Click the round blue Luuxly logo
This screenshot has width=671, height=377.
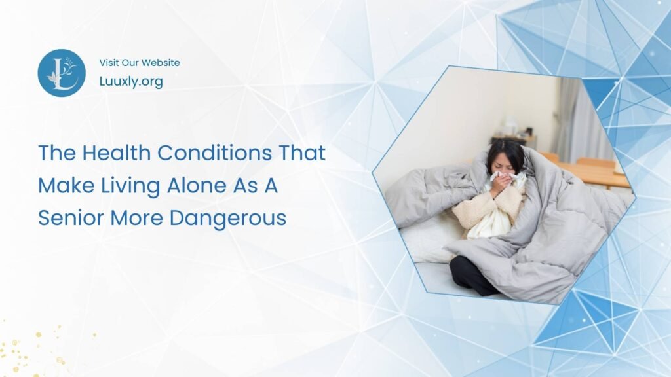pyautogui.click(x=62, y=73)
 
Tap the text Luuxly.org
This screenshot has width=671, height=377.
pyautogui.click(x=131, y=82)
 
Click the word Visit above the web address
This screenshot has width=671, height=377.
pyautogui.click(x=110, y=63)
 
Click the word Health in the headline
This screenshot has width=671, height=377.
pyautogui.click(x=118, y=154)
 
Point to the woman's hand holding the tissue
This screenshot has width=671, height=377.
pyautogui.click(x=499, y=186)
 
